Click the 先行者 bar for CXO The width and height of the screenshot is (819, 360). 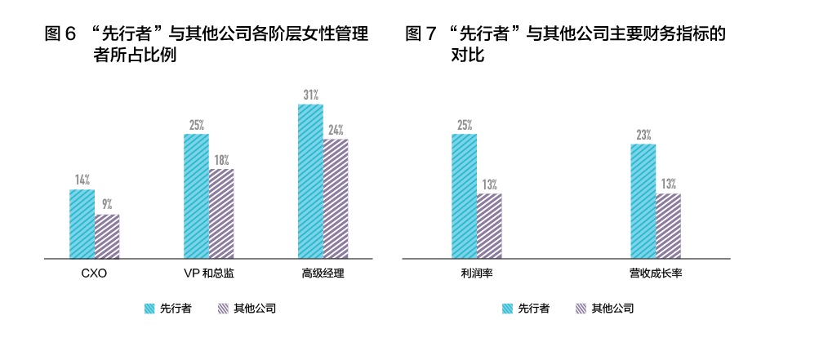[x=82, y=224]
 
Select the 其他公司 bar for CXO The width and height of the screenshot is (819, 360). [x=107, y=237]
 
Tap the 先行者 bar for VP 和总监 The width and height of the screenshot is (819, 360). [x=196, y=196]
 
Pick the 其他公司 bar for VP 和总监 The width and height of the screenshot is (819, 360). [x=221, y=214]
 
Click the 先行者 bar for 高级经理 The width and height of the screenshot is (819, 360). [x=311, y=181]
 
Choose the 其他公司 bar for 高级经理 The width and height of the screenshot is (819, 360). [x=336, y=199]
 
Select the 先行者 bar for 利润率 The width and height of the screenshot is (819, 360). [x=464, y=196]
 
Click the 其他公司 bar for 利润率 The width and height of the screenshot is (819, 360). [x=489, y=226]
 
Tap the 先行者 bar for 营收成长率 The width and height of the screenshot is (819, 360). [x=643, y=201]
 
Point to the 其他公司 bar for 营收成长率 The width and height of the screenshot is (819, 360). [x=668, y=226]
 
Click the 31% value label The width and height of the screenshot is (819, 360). [x=311, y=95]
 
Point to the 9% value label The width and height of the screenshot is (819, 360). [x=107, y=205]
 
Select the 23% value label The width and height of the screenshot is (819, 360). [x=643, y=135]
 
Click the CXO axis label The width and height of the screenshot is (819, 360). [x=94, y=273]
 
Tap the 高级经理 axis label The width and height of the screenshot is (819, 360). [x=323, y=273]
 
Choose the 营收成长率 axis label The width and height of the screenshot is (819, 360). [x=655, y=273]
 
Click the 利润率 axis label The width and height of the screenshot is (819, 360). [x=476, y=273]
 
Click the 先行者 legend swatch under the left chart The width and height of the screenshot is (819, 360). [x=149, y=309]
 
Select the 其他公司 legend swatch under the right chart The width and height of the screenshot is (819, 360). [x=581, y=309]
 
